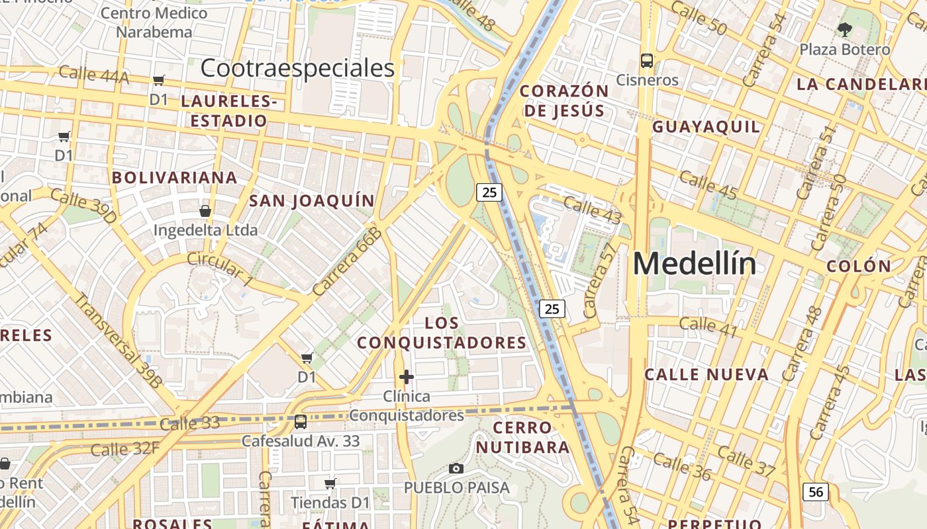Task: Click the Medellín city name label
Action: pyautogui.click(x=694, y=264)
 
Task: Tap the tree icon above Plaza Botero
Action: pyautogui.click(x=844, y=29)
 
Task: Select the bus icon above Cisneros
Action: pyautogui.click(x=647, y=61)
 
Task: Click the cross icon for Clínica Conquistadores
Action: pyautogui.click(x=407, y=377)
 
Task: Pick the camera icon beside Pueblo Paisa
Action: pyautogui.click(x=456, y=468)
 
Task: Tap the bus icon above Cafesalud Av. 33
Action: pyautogui.click(x=300, y=421)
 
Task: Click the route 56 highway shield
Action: pyautogui.click(x=816, y=492)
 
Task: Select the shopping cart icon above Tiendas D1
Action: pyautogui.click(x=330, y=483)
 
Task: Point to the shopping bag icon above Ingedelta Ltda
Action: pyautogui.click(x=205, y=211)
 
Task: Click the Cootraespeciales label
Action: pyautogui.click(x=297, y=68)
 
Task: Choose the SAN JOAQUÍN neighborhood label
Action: pyautogui.click(x=312, y=200)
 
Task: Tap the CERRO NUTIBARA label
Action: pyautogui.click(x=522, y=437)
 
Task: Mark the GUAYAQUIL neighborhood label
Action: pyautogui.click(x=706, y=127)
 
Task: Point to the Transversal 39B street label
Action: pyautogui.click(x=118, y=340)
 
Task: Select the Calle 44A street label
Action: pyautogui.click(x=93, y=73)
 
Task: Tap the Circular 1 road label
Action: pyautogui.click(x=220, y=270)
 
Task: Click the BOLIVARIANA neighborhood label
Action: pyautogui.click(x=175, y=177)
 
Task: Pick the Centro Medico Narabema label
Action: pyautogui.click(x=154, y=22)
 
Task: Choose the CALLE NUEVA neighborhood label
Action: pyautogui.click(x=707, y=374)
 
